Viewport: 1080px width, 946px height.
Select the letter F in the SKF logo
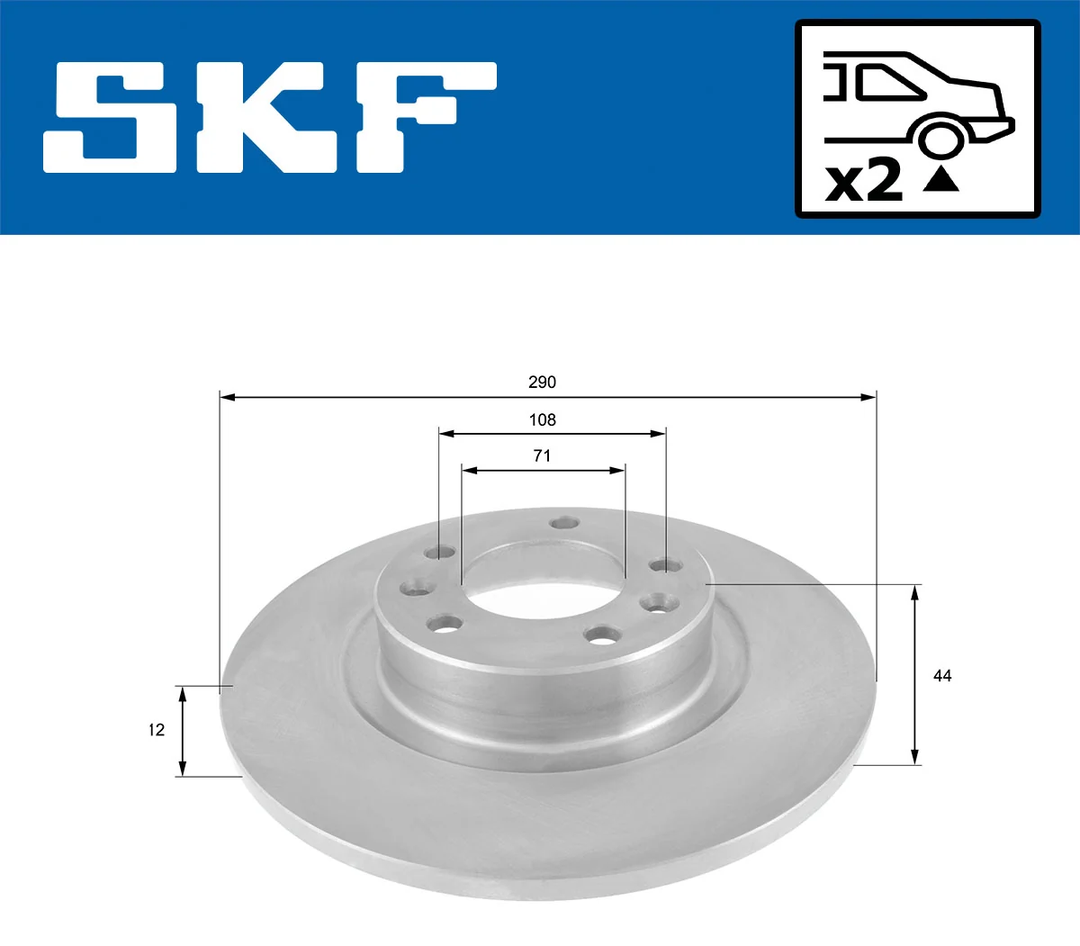423,117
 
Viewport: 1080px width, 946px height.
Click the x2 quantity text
864,181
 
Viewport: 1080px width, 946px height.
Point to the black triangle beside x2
940,179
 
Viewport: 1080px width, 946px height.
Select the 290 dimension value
542,383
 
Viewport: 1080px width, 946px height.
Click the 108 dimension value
542,420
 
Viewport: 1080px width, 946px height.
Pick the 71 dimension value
542,456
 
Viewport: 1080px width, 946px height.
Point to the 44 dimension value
942,676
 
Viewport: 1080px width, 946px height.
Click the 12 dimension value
157,730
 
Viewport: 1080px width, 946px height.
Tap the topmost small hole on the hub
564,523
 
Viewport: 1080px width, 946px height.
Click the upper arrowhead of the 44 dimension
915,591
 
